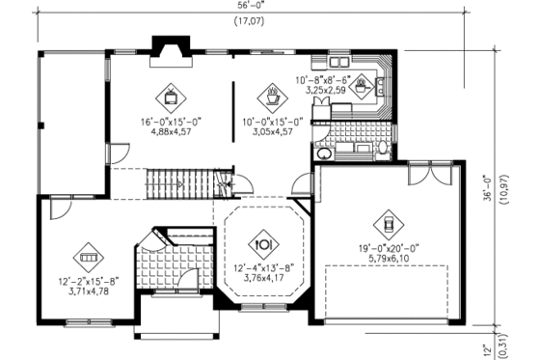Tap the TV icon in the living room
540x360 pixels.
coord(170,95)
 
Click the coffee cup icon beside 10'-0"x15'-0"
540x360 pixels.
coord(272,95)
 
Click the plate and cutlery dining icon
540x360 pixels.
coord(263,242)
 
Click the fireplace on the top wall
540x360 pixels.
coord(170,50)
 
